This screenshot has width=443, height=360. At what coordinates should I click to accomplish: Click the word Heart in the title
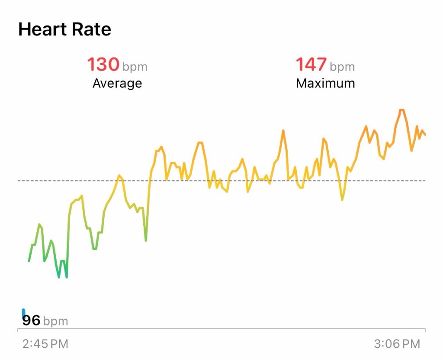[42, 29]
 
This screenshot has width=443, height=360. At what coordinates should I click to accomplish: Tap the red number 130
[103, 65]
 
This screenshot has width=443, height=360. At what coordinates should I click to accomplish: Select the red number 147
[311, 65]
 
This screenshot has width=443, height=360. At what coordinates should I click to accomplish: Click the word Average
[117, 83]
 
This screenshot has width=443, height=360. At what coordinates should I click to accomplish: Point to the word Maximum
[325, 83]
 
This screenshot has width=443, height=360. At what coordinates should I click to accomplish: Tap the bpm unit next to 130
[135, 67]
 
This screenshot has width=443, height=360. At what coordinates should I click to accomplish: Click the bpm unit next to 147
[342, 67]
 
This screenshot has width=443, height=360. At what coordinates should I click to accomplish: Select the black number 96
[31, 321]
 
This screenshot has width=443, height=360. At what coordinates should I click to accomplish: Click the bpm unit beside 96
[56, 322]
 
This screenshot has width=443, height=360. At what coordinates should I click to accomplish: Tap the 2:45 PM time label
[45, 344]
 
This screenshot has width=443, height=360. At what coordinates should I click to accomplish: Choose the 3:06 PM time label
[397, 344]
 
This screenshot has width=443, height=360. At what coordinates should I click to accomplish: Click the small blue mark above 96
[23, 312]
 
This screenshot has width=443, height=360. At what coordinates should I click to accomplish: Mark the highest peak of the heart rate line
[401, 110]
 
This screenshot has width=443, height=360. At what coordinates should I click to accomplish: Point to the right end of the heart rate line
[425, 134]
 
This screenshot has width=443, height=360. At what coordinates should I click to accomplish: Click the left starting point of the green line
[29, 261]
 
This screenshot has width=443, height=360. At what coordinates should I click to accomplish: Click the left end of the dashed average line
[18, 180]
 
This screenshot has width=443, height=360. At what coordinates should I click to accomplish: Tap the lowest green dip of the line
[59, 277]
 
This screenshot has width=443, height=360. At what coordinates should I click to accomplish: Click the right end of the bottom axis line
[425, 329]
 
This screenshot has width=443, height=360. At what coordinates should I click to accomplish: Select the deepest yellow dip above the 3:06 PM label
[342, 200]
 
